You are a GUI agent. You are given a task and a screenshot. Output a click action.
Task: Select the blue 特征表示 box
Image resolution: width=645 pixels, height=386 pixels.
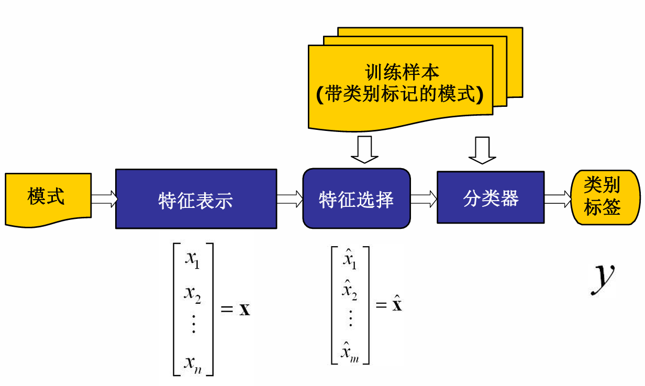coord(196,199)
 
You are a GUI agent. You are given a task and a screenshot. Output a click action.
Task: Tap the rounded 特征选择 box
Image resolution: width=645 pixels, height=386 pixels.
coord(357,198)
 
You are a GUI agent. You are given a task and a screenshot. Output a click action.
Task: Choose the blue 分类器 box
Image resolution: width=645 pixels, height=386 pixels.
coord(491,197)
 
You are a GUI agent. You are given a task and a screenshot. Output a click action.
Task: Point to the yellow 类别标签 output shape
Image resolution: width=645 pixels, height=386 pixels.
coord(605,197)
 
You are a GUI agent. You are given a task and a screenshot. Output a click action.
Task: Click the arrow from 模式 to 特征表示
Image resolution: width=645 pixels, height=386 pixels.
coord(104,199)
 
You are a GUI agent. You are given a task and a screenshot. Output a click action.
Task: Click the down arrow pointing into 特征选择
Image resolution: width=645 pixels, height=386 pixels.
coord(364,150)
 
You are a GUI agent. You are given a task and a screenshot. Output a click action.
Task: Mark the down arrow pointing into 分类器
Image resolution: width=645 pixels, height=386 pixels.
coord(482,150)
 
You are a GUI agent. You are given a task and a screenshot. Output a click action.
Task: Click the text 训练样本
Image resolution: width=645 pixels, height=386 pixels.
coord(402,72)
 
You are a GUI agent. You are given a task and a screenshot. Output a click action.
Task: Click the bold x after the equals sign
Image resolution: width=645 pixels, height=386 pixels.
coord(244,309)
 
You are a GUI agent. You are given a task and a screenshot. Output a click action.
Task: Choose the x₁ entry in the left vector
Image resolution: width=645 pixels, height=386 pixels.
coord(192,260)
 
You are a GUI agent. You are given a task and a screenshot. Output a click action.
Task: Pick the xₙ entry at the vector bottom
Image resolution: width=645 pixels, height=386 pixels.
coord(193,362)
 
